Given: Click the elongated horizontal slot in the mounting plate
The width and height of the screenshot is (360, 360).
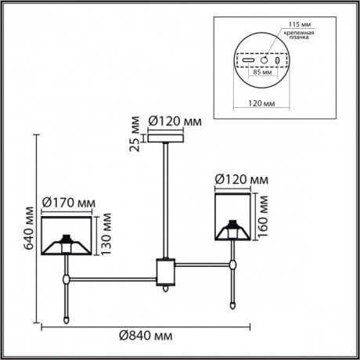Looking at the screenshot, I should point(249,59).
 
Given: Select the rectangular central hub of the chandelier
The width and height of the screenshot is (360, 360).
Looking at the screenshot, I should point(165,269).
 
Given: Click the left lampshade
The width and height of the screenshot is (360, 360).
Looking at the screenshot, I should point(67,236).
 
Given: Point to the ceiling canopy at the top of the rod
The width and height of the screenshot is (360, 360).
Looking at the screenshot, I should point(165,139).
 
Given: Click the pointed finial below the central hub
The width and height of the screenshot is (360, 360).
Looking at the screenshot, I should point(165,289).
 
